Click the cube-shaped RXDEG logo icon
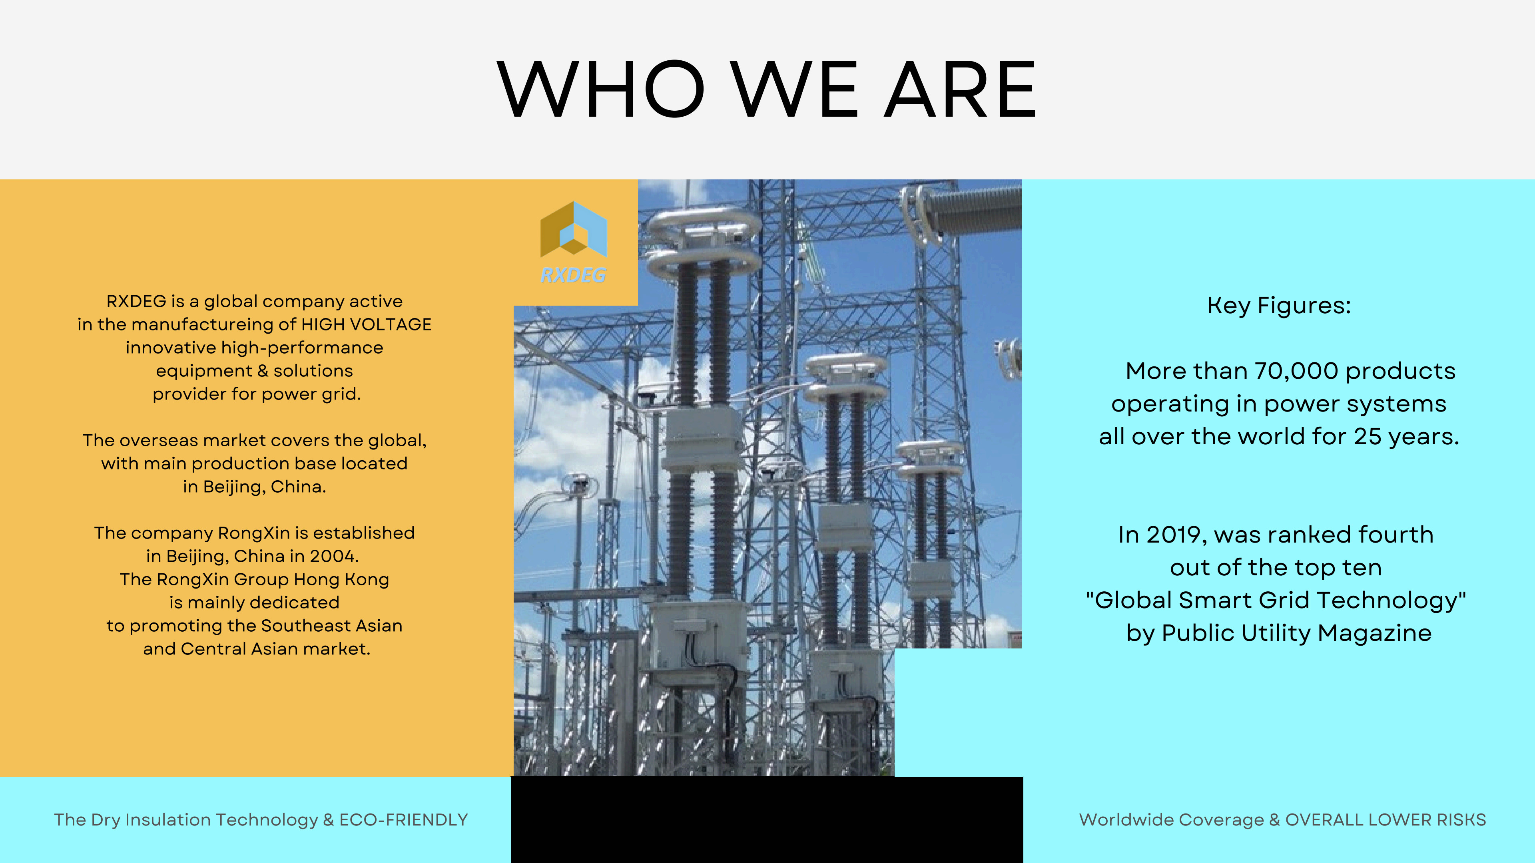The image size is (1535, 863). pyautogui.click(x=573, y=229)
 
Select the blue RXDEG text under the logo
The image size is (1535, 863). pyautogui.click(x=573, y=275)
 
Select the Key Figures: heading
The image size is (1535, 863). pyautogui.click(x=1279, y=306)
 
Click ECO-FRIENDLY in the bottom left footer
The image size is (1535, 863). pyautogui.click(x=403, y=820)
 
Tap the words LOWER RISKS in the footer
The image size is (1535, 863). pyautogui.click(x=1427, y=820)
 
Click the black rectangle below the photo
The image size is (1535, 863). pyautogui.click(x=767, y=819)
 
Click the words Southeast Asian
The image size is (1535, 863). pyautogui.click(x=332, y=626)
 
